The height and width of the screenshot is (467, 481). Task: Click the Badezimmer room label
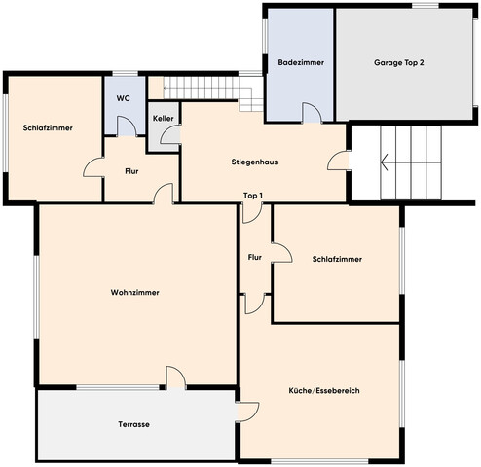pyautogui.click(x=301, y=62)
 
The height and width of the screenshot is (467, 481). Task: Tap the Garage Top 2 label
pyautogui.click(x=399, y=62)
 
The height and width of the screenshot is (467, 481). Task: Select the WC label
pyautogui.click(x=124, y=98)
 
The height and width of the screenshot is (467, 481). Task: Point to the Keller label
pyautogui.click(x=164, y=119)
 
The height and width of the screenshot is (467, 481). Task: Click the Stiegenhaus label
pyautogui.click(x=254, y=162)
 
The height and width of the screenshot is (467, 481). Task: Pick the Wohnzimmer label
pyautogui.click(x=135, y=292)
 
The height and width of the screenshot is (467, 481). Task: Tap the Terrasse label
pyautogui.click(x=133, y=424)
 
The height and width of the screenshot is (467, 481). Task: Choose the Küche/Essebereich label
pyautogui.click(x=324, y=390)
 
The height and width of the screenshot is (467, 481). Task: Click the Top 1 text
pyautogui.click(x=253, y=196)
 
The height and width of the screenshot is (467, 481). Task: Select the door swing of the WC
pyautogui.click(x=127, y=126)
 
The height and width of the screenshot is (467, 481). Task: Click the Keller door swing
pyautogui.click(x=170, y=134)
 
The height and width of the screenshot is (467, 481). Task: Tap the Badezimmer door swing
pyautogui.click(x=313, y=113)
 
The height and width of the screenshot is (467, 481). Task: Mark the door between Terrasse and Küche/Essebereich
pyautogui.click(x=248, y=412)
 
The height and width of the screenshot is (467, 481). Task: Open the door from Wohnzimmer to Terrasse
pyautogui.click(x=176, y=377)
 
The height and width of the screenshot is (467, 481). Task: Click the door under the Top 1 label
pyautogui.click(x=252, y=213)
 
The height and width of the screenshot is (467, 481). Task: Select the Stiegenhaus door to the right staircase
pyautogui.click(x=338, y=161)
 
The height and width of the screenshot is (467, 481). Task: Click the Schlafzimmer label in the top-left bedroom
pyautogui.click(x=48, y=127)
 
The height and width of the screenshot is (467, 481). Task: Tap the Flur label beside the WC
pyautogui.click(x=131, y=171)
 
